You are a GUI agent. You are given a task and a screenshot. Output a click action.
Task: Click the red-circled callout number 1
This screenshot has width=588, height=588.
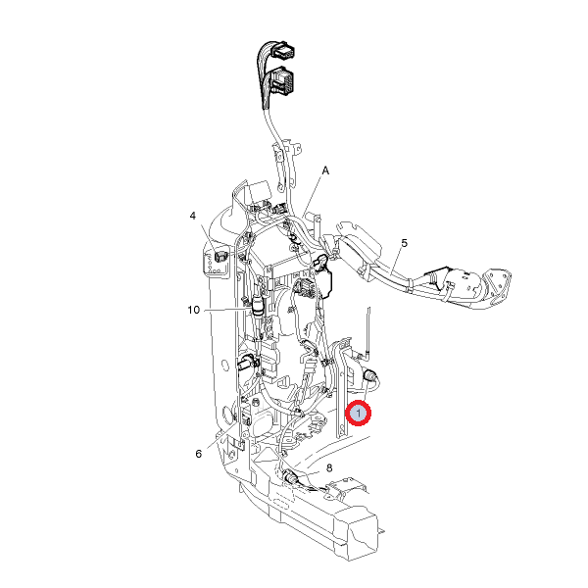[358, 414]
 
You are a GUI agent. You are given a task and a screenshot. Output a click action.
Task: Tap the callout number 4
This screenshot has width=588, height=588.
[193, 216]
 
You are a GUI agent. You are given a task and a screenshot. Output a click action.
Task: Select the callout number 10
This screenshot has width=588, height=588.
[194, 310]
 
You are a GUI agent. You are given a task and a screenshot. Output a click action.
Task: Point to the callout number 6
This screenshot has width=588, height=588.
[198, 454]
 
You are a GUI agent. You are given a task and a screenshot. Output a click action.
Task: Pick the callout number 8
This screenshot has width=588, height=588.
[329, 468]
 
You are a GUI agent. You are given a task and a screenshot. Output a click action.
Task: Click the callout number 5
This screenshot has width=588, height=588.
[404, 243]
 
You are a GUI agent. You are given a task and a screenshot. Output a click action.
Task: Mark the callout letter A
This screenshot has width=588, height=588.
[325, 171]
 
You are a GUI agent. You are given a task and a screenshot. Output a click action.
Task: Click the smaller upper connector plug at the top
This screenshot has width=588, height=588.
[283, 50]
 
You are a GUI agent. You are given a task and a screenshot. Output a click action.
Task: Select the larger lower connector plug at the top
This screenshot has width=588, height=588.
[282, 80]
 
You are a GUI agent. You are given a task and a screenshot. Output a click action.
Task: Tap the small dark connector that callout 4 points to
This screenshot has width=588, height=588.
[220, 256]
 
